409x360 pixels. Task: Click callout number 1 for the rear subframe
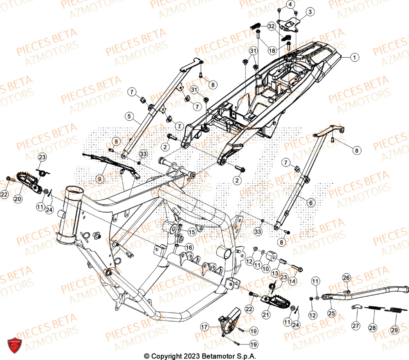pos(355,58)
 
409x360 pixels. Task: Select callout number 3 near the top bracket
pos(310,12)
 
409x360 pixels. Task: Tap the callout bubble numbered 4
pos(290,4)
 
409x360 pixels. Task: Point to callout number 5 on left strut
pos(129,117)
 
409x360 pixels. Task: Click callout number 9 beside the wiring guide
pos(99,178)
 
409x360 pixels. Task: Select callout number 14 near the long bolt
pos(292,281)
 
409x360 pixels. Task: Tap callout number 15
pos(191,232)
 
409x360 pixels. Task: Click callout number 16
pos(189,248)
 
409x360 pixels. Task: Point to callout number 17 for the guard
pos(204,326)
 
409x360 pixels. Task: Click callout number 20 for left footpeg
pos(18,198)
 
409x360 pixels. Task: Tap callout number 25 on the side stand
pos(331,313)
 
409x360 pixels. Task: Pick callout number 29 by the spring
pos(394,330)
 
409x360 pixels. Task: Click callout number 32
pos(272,26)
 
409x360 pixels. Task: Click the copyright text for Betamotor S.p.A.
pos(200,356)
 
